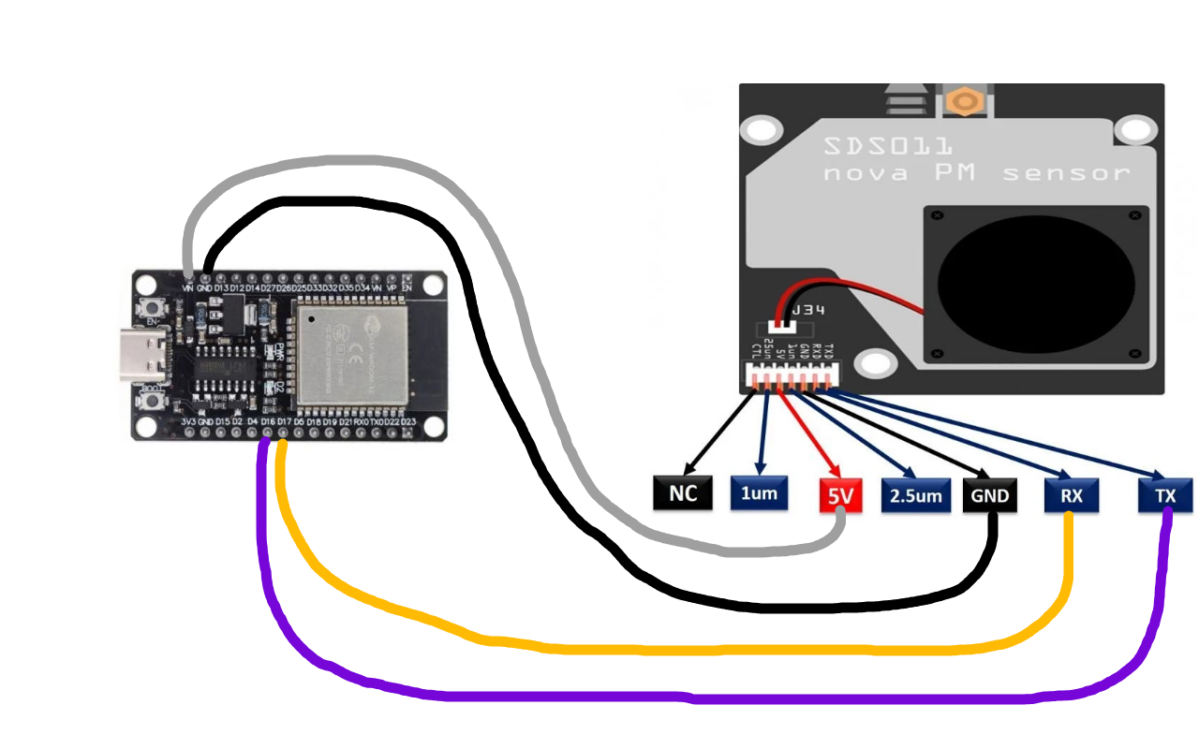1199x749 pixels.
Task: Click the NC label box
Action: pos(682,493)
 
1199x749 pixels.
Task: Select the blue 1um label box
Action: pos(760,493)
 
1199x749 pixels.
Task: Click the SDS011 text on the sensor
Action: pos(888,147)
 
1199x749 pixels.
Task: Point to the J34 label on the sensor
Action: pos(809,310)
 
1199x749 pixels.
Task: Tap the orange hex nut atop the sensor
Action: pos(962,99)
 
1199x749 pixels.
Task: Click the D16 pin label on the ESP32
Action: pos(268,423)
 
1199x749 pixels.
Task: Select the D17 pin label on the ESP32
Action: pos(283,423)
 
